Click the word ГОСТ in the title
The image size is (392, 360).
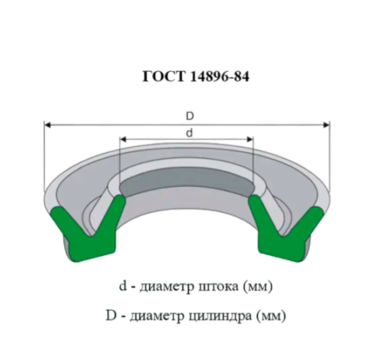pos(164,76)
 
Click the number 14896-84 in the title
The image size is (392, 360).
pos(220,76)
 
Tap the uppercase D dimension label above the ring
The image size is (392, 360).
pos(190,116)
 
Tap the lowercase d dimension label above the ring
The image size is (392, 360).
pos(190,133)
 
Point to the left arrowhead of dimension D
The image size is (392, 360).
pos(47,125)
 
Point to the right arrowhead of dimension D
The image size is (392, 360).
pos(326,125)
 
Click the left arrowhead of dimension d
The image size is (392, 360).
pos(123,139)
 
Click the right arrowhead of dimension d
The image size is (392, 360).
pos(250,139)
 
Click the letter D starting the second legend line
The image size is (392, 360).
pos(111,316)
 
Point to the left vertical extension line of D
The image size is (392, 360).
pos(44,157)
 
